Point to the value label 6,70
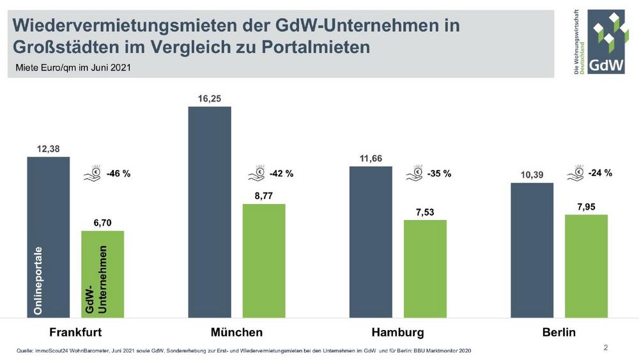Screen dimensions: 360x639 coord(102,222)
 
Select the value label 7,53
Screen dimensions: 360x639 coord(425,212)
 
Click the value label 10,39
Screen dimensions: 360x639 coord(531,175)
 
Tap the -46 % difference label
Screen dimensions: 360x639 coord(118,173)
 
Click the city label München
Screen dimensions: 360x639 coord(236,333)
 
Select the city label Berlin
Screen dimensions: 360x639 coord(558,333)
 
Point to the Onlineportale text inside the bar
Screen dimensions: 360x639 coord(38,281)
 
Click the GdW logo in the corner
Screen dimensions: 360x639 coord(601,42)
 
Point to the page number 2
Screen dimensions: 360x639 coord(605,348)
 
